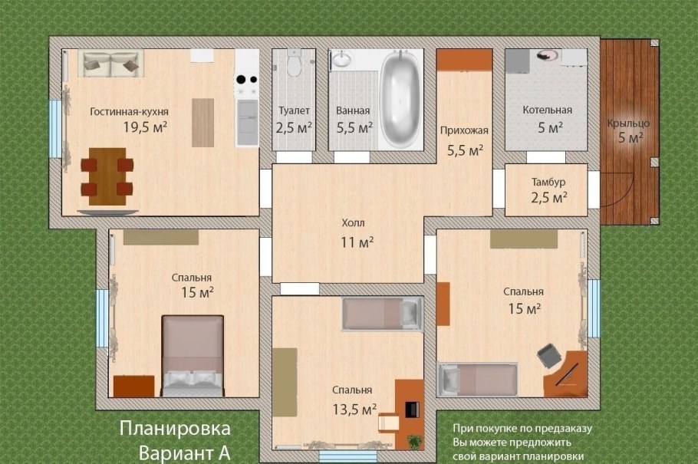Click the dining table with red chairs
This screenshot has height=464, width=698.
[107, 176]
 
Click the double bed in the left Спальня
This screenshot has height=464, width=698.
[193, 357]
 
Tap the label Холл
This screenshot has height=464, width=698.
[354, 223]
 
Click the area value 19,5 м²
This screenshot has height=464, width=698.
[146, 127]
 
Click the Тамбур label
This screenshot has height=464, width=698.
[548, 183]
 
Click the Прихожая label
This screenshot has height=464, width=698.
[464, 130]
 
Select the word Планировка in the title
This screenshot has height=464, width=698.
[175, 427]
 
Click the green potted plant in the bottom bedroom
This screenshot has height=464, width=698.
[415, 442]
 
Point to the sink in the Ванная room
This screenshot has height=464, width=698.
[341, 61]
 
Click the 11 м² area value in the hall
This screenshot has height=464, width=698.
[357, 243]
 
